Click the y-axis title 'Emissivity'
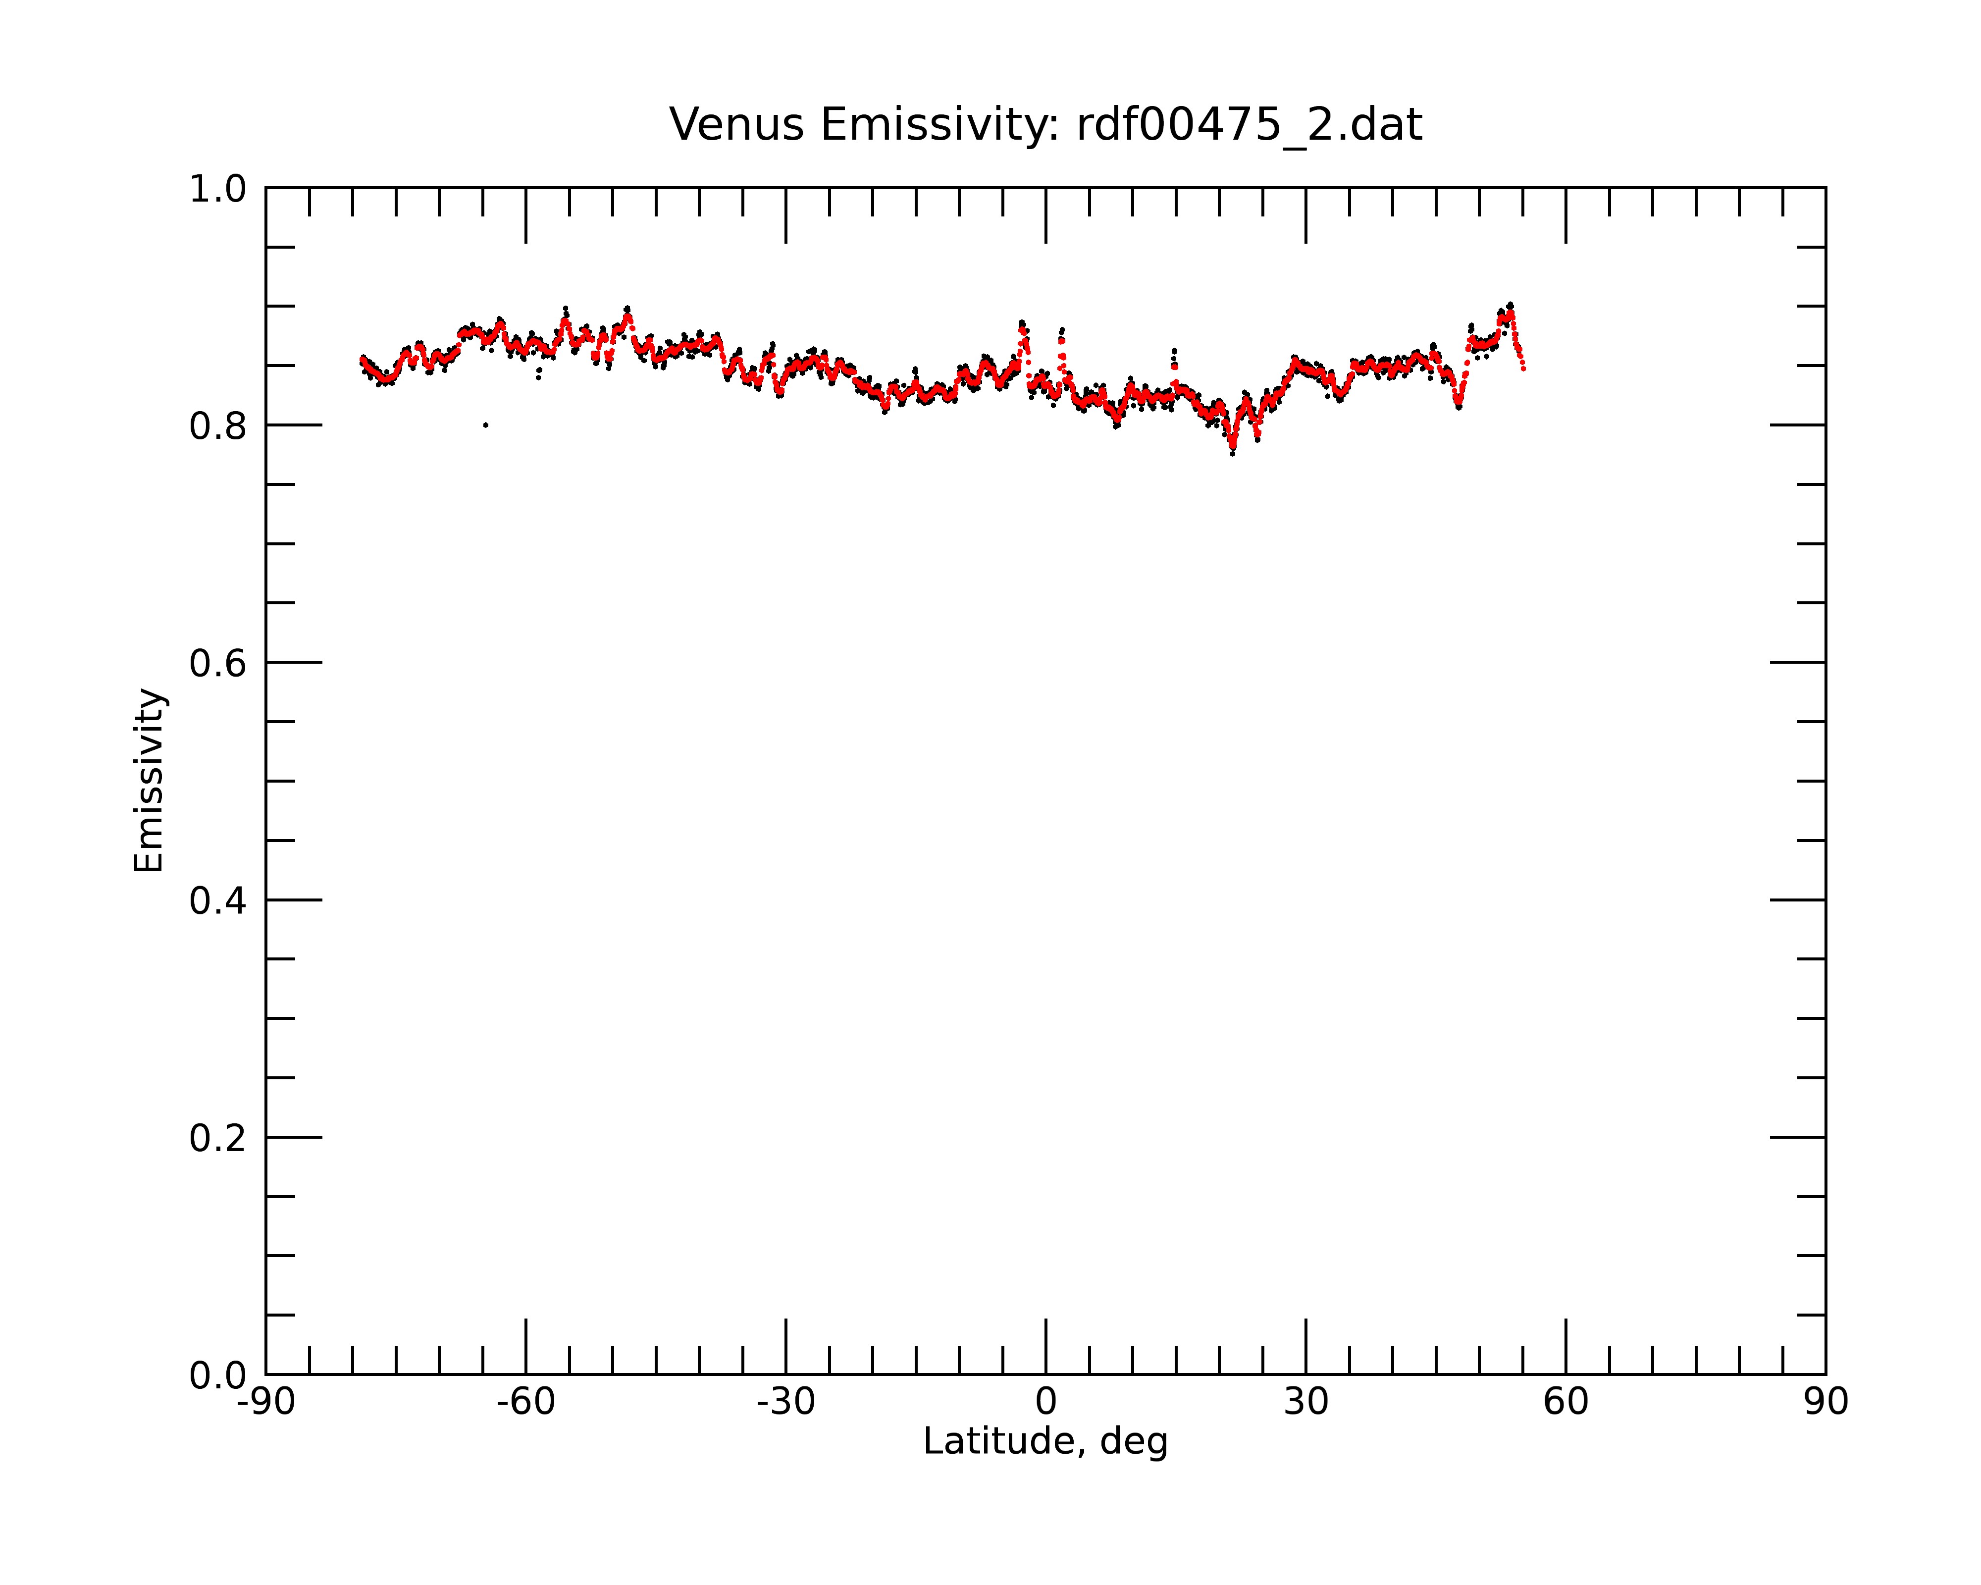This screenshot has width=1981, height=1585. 149,780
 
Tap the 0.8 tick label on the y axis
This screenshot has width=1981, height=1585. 218,426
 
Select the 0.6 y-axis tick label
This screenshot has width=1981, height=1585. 218,663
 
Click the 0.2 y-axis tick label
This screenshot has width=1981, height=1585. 218,1138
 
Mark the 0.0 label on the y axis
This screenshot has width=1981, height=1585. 218,1375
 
